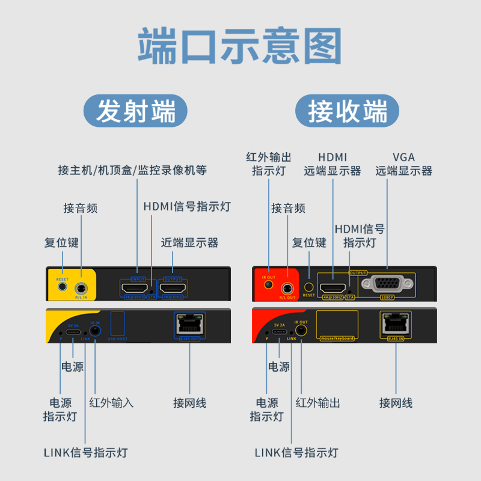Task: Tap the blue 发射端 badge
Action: coord(135,112)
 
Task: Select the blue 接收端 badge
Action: coord(348,112)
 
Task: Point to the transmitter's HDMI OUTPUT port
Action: coord(173,289)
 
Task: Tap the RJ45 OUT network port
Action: coord(189,325)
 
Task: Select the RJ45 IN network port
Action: coord(396,325)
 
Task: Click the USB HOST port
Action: coord(118,323)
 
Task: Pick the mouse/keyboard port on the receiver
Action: coord(337,323)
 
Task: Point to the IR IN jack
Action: coord(95,331)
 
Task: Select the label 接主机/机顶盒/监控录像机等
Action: coord(132,170)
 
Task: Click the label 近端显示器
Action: coord(189,243)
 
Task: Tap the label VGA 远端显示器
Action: coord(403,164)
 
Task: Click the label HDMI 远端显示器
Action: coord(332,164)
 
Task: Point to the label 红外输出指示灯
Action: coord(269,164)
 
